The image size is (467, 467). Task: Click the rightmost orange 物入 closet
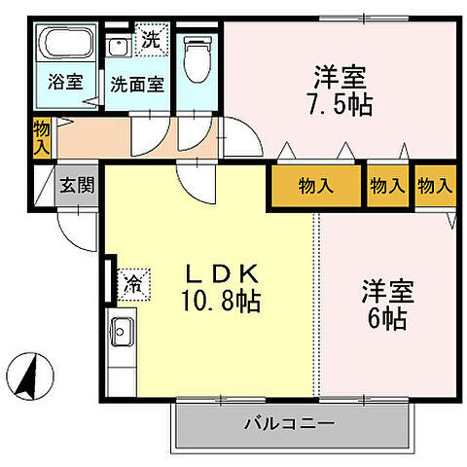(x=435, y=185)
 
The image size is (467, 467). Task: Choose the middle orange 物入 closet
(x=387, y=185)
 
